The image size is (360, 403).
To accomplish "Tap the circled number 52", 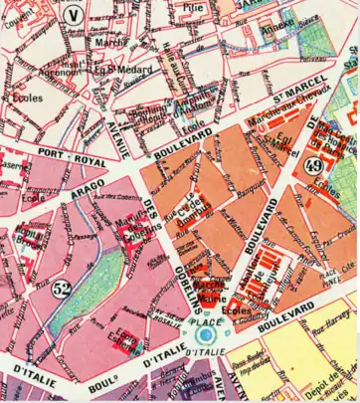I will pos(63,291).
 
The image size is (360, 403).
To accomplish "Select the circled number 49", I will pos(315,165).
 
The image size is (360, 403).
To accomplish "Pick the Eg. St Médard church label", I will pos(112,70).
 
